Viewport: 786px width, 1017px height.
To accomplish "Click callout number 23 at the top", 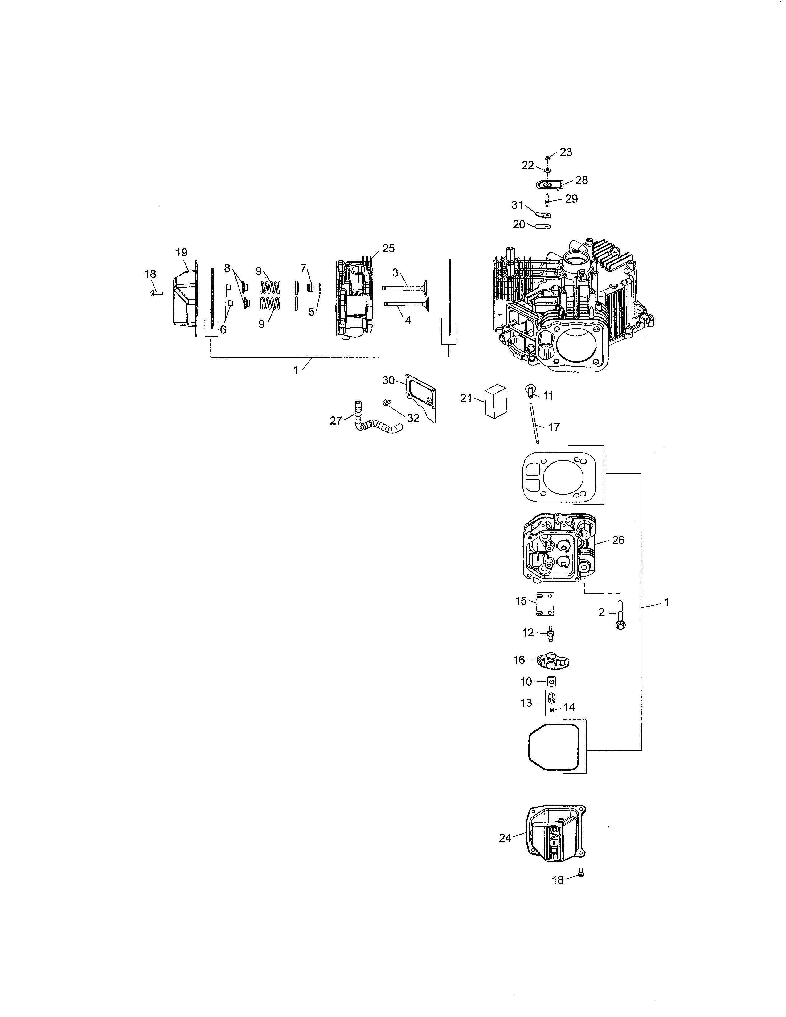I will [566, 152].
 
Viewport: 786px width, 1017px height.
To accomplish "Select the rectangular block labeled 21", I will [494, 399].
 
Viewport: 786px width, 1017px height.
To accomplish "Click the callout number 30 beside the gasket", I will [388, 380].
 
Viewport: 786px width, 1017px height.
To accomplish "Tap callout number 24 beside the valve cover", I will [505, 838].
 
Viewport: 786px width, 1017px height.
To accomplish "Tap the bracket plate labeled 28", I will [550, 184].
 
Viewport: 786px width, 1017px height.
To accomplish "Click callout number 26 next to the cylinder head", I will [618, 540].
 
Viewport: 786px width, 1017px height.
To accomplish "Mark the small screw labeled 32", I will [386, 402].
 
